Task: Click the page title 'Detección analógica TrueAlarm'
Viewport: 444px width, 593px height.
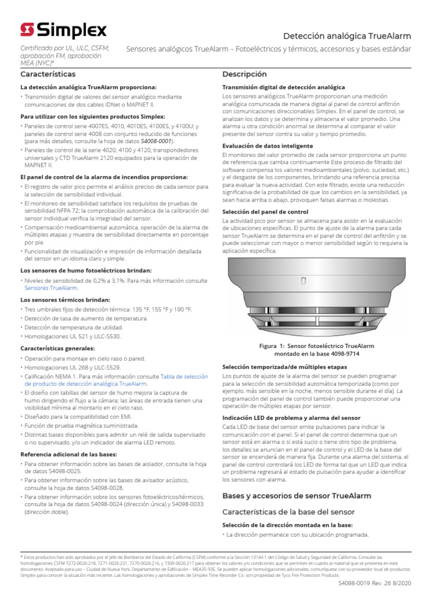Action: click(347, 36)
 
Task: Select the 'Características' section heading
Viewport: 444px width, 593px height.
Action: click(48, 75)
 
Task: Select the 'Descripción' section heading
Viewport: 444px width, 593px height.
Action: click(245, 75)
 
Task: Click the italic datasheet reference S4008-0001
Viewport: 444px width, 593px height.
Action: click(156, 141)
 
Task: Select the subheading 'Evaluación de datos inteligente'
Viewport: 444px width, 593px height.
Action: click(268, 146)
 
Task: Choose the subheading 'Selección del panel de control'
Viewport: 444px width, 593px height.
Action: click(265, 213)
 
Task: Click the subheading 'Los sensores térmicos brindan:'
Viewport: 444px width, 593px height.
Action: click(65, 300)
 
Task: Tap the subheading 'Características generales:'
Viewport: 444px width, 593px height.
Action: click(57, 349)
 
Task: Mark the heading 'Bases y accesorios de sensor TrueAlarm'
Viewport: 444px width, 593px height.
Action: click(297, 496)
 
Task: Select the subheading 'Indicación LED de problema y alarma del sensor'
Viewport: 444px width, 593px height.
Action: click(291, 418)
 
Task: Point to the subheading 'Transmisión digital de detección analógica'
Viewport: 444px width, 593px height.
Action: click(283, 87)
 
